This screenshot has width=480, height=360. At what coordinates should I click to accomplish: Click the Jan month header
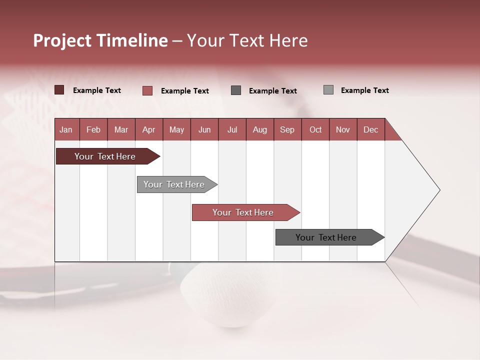(x=66, y=129)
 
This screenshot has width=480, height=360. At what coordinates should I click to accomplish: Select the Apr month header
(x=148, y=129)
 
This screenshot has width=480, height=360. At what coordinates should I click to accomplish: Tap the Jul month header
(x=232, y=129)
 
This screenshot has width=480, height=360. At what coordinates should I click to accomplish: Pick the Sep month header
(x=287, y=129)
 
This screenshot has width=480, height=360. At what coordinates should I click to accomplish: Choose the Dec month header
(x=370, y=129)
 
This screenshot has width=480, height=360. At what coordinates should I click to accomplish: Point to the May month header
(x=176, y=129)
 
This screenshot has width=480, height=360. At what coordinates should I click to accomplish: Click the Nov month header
(x=342, y=129)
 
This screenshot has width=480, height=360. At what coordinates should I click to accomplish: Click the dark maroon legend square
(x=59, y=90)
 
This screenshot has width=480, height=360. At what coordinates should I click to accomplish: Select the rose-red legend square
(x=147, y=90)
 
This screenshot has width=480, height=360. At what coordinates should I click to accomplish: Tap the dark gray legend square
(x=236, y=90)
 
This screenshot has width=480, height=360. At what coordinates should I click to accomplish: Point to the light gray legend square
(x=328, y=90)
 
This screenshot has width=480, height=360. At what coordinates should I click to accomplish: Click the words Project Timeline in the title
(x=100, y=40)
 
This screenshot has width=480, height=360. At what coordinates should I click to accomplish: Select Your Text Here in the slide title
(x=247, y=40)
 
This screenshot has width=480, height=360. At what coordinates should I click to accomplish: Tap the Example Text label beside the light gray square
(x=364, y=90)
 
